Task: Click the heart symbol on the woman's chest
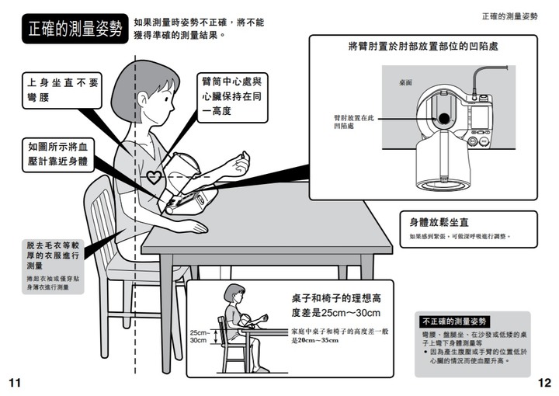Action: [x=154, y=177]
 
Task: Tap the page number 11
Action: [x=15, y=383]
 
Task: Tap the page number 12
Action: [x=544, y=383]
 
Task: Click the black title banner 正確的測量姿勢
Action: [x=75, y=29]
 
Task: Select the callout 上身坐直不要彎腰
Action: [x=62, y=90]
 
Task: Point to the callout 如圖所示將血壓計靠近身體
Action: [x=58, y=155]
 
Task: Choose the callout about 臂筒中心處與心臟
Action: [x=232, y=97]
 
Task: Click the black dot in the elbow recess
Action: [x=444, y=118]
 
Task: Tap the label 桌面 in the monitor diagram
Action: [x=405, y=82]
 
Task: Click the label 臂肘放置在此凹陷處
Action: [x=354, y=122]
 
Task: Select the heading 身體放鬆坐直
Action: [x=439, y=222]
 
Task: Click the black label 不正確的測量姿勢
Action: [x=454, y=321]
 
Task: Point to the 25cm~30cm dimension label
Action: [x=200, y=336]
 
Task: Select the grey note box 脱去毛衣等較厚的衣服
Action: [x=53, y=266]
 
